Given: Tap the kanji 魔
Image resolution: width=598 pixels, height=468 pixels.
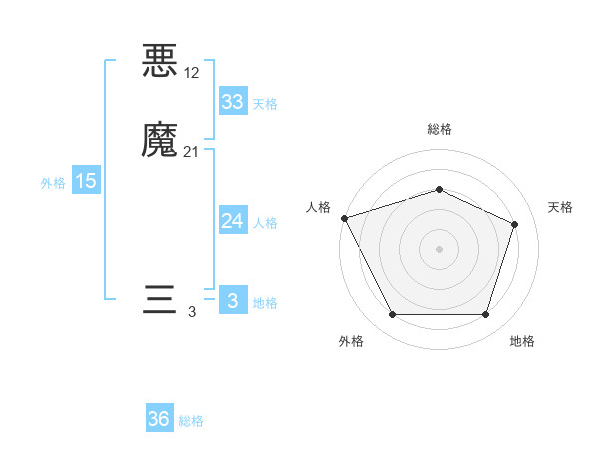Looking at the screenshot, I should tap(160, 140).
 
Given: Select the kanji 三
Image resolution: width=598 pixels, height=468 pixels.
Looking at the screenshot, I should tap(160, 301).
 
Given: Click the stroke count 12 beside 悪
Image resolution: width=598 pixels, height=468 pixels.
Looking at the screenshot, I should tap(192, 73).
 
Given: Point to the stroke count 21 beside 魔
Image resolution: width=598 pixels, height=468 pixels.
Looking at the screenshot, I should tap(192, 151).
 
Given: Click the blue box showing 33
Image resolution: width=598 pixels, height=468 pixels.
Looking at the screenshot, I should tap(232, 102).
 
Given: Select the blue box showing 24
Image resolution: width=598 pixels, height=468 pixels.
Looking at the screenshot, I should tap(232, 221).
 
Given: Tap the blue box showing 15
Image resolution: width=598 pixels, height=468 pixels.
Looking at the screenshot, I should tap(86, 181).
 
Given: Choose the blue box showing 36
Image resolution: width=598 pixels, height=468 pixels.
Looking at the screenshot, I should tap(159, 419).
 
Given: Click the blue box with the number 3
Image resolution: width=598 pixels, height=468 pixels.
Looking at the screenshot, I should tap(232, 301).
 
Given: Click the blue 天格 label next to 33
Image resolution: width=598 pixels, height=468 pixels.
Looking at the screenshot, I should tap(265, 104).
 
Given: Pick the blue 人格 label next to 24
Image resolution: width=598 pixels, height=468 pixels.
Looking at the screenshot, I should tap(265, 223).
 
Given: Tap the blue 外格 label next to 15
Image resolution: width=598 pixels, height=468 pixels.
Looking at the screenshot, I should tap(53, 183).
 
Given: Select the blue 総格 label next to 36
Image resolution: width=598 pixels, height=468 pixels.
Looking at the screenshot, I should tap(192, 421).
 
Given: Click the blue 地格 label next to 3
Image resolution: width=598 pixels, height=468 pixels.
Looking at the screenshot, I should tap(265, 303).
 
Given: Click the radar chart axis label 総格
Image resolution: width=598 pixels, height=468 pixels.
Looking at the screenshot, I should tap(439, 129).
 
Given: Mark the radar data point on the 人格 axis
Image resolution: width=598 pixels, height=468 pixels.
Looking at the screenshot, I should tap(344, 218).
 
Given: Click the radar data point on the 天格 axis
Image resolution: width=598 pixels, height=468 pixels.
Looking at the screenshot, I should tap(515, 224).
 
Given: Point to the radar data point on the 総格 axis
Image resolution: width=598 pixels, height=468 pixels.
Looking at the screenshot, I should tap(439, 189).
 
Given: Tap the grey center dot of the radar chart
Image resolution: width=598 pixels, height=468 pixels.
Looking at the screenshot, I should tap(439, 248).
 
